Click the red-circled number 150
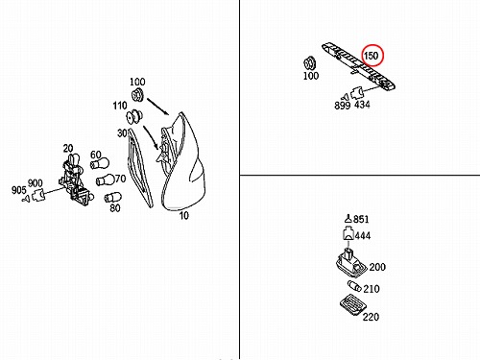[x=372, y=56]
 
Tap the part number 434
[x=362, y=105]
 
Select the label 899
[x=343, y=106]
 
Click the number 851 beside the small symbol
[x=361, y=219]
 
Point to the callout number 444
[x=363, y=236]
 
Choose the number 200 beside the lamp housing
[x=377, y=267]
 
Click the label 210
[x=372, y=289]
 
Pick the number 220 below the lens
[x=371, y=317]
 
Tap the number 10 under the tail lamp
[x=183, y=216]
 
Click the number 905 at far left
[x=19, y=190]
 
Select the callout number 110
[x=120, y=106]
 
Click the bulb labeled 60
[x=100, y=164]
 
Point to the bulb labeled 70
[x=106, y=180]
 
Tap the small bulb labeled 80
[x=111, y=197]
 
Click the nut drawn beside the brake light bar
[x=310, y=63]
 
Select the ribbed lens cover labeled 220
[x=353, y=305]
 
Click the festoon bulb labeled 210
[x=354, y=286]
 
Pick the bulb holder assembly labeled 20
[x=76, y=180]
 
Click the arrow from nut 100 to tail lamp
[x=157, y=107]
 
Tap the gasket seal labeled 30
[x=140, y=168]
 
